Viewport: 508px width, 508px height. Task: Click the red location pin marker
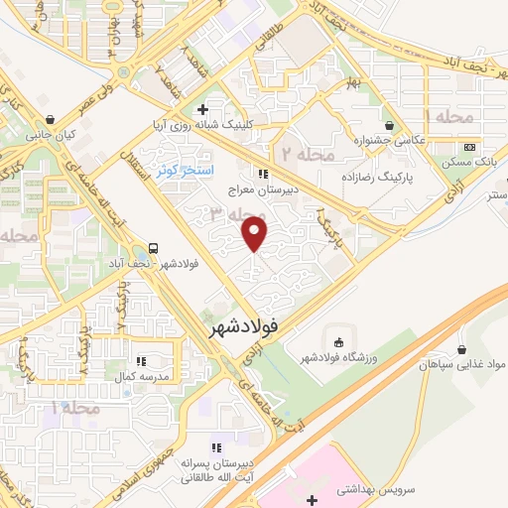[x=255, y=234]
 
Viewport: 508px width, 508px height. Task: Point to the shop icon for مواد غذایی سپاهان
[x=462, y=348]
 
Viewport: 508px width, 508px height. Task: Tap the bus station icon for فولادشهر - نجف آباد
[x=154, y=248]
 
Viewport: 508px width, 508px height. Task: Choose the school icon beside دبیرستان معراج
[x=261, y=174]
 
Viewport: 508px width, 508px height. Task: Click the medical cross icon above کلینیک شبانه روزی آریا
[x=202, y=109]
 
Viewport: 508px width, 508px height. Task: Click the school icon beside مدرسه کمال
[x=140, y=361]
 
